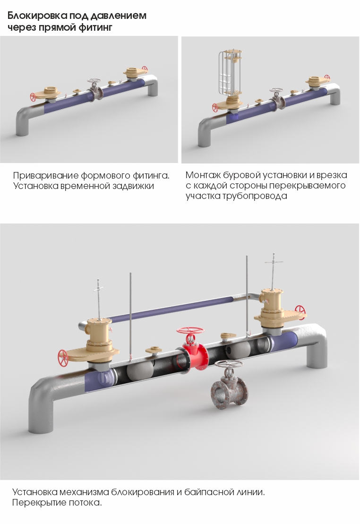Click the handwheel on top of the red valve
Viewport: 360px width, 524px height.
click(191, 330)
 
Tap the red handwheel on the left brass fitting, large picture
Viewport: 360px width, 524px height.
click(63, 358)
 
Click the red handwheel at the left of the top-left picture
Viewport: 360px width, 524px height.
click(33, 97)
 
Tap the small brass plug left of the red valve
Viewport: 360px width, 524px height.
click(154, 350)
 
